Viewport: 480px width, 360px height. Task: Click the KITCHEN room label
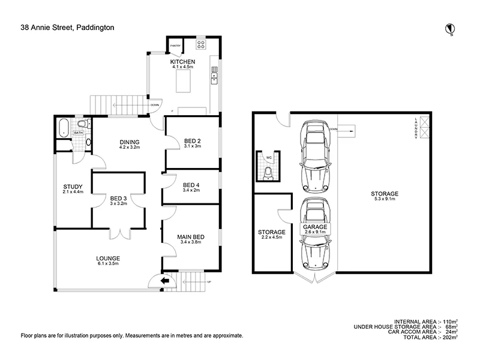coord(182,62)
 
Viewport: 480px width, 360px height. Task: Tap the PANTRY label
coord(176,44)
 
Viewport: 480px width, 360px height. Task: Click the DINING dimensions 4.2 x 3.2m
coord(129,147)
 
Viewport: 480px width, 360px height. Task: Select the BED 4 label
coord(192,185)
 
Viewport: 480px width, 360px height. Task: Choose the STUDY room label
coord(72,186)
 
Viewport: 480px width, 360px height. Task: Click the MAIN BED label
coord(191,237)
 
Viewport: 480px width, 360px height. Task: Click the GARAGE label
coord(315,227)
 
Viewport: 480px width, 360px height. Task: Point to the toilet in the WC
coord(268,173)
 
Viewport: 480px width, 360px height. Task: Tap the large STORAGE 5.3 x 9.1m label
coord(384,194)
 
